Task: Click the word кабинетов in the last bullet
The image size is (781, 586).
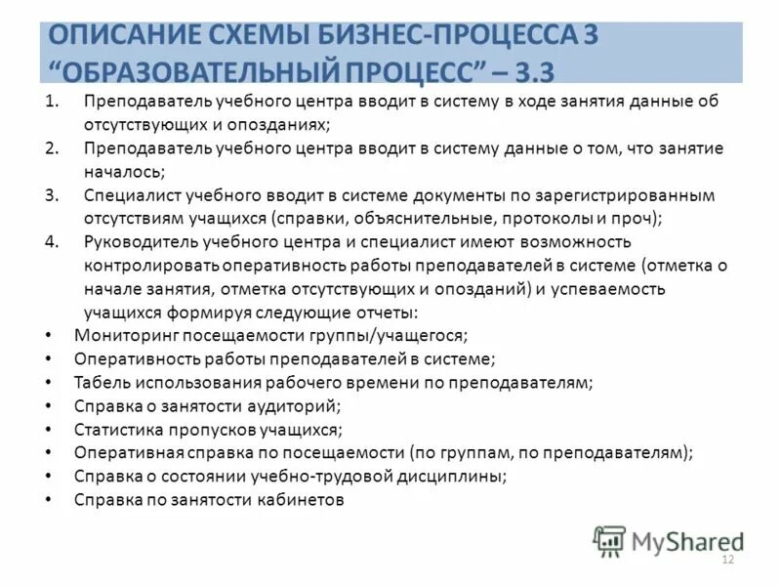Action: coord(304,499)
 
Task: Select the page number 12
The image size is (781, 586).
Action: coord(726,559)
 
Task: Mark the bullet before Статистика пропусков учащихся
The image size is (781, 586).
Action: coord(50,429)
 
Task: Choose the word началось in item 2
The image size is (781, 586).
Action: coord(123,172)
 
